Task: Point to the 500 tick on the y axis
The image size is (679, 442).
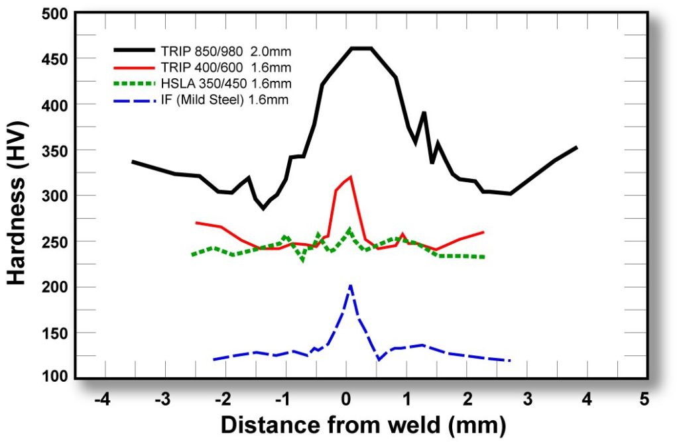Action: tap(52, 13)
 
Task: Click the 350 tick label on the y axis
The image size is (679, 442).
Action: tap(52, 150)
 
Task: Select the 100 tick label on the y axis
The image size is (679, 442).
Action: tap(52, 378)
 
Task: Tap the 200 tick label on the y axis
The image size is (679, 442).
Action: tap(52, 287)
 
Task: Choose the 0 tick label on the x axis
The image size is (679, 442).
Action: tap(345, 400)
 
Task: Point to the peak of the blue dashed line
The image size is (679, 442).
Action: tap(351, 286)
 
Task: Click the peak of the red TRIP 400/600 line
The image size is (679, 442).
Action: tap(350, 176)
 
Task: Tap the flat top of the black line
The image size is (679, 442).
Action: tap(361, 48)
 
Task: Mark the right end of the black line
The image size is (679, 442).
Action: tap(577, 147)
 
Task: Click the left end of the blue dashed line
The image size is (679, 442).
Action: tap(214, 359)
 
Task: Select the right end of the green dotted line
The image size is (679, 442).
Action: tap(484, 256)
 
